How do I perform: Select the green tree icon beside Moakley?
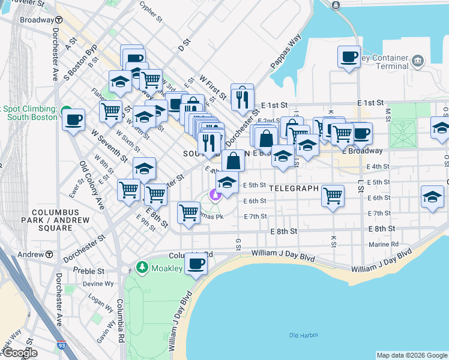point(142,266)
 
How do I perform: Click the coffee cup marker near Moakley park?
point(195,264)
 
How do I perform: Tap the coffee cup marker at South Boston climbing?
point(74,119)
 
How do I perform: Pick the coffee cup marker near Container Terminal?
point(349,57)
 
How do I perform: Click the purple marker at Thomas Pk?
point(214,195)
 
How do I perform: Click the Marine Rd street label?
point(387,244)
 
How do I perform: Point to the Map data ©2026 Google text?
point(411,355)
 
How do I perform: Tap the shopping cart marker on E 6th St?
point(333,195)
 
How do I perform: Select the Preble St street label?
point(85,271)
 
